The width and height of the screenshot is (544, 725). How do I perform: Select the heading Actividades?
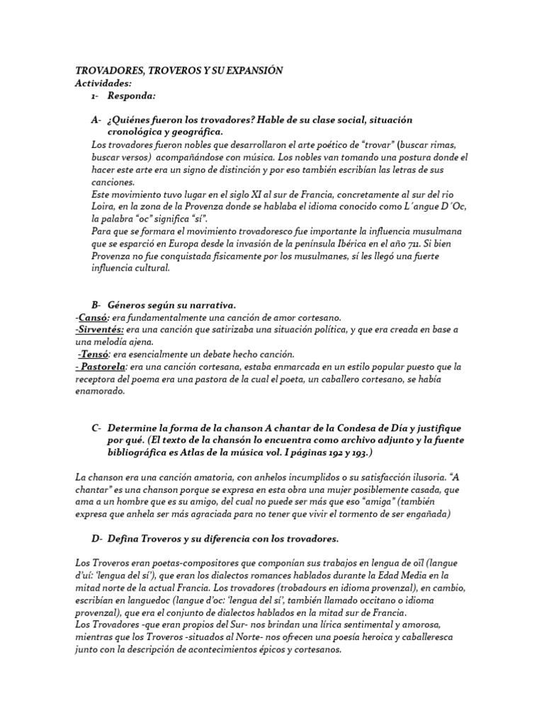(103, 83)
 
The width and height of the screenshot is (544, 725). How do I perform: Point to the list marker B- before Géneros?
(96, 304)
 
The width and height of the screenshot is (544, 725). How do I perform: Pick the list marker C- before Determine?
(96, 428)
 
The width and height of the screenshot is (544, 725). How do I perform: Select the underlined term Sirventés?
(100, 330)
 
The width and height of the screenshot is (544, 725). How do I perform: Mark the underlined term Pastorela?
(102, 367)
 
